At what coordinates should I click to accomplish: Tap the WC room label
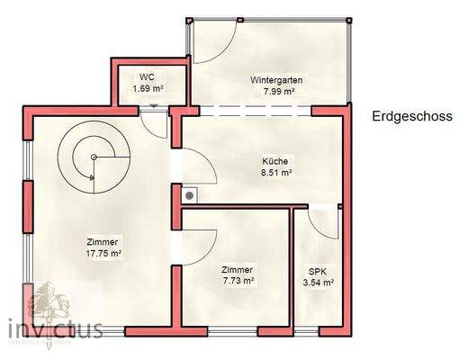click(x=146, y=77)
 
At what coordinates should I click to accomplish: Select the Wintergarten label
click(x=276, y=80)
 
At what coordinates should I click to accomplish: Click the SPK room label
click(x=319, y=270)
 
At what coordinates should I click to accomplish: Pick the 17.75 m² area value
click(x=103, y=254)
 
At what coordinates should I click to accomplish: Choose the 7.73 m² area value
click(x=238, y=281)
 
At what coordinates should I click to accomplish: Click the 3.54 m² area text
click(x=319, y=282)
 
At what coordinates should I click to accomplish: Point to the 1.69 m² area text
click(x=147, y=88)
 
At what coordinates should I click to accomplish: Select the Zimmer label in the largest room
click(x=103, y=242)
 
